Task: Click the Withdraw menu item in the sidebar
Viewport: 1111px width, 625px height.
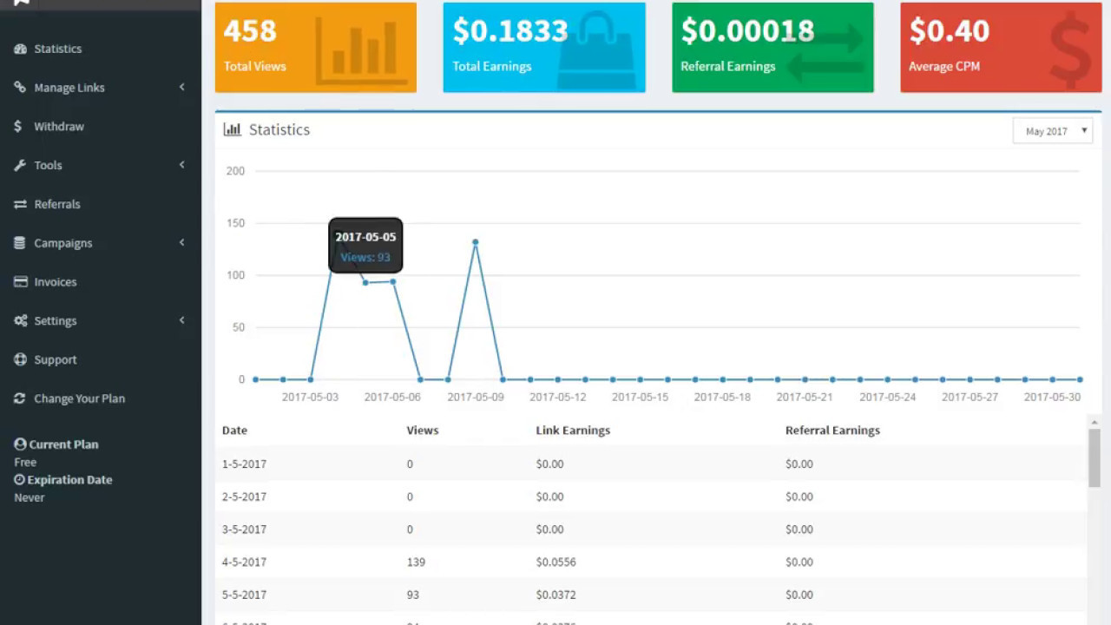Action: click(58, 127)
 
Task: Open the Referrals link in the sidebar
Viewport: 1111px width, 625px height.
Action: click(56, 204)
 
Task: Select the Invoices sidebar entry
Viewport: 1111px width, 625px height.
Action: click(55, 282)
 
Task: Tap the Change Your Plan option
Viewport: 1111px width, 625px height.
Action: click(79, 398)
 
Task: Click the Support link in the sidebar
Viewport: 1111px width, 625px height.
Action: click(55, 359)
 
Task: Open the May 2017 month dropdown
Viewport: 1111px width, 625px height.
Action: click(1052, 131)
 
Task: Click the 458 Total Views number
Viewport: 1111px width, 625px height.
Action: click(250, 31)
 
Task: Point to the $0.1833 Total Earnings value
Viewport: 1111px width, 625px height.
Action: click(509, 31)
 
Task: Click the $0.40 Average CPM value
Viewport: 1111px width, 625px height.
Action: click(949, 31)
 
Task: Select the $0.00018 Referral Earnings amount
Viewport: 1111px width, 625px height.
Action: click(747, 31)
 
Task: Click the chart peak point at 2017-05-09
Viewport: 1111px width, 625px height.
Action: click(475, 242)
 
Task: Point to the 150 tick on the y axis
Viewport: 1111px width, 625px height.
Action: click(235, 223)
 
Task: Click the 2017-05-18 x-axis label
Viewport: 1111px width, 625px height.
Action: click(722, 397)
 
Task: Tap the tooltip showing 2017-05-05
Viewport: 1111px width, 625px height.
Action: click(365, 246)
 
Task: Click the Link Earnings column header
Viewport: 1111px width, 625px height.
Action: click(573, 431)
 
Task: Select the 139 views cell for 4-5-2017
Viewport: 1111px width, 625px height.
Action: click(416, 562)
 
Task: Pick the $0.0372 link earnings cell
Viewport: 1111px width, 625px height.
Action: click(555, 595)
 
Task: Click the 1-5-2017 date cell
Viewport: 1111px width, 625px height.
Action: click(244, 464)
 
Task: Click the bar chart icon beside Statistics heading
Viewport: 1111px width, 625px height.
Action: click(232, 129)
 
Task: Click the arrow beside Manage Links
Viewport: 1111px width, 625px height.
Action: click(181, 88)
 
